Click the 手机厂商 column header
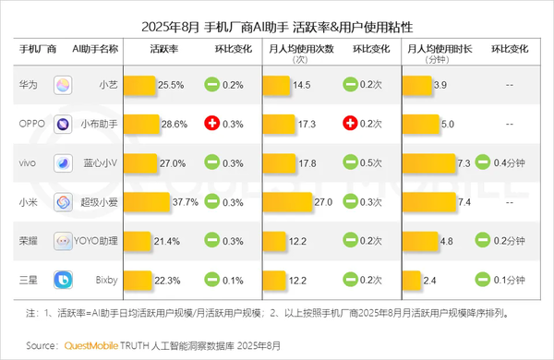pos(38,47)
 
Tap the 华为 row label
pos(29,85)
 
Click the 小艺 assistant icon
pos(64,85)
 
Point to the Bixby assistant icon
pos(64,280)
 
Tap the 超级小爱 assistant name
pos(98,202)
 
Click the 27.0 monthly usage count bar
pos(287,202)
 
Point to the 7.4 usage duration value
pos(464,202)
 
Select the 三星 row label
pos(29,280)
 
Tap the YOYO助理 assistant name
pos(97,241)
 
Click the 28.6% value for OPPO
pos(174,124)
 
